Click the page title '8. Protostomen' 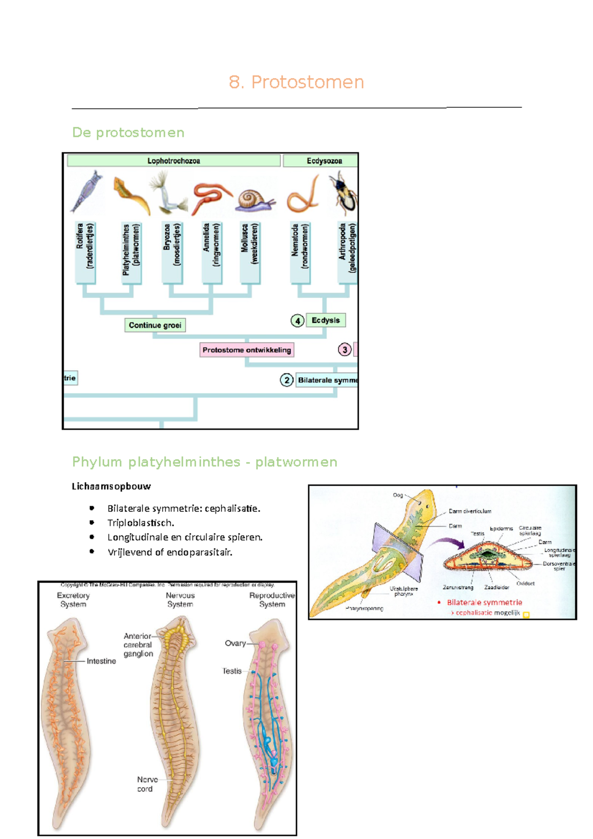point(296,82)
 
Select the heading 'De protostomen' point(128,132)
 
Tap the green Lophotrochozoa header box point(173,161)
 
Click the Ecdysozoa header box point(320,161)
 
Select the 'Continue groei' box point(155,325)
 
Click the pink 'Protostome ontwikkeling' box point(247,350)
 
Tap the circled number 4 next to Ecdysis point(297,321)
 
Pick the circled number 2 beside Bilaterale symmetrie point(287,380)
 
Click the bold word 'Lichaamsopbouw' point(111,486)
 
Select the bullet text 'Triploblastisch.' point(140,523)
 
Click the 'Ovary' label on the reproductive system point(235,643)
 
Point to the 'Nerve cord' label point(147,784)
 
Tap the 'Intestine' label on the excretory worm point(101,661)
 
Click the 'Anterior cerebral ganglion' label point(138,645)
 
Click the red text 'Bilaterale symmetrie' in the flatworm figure point(484,602)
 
